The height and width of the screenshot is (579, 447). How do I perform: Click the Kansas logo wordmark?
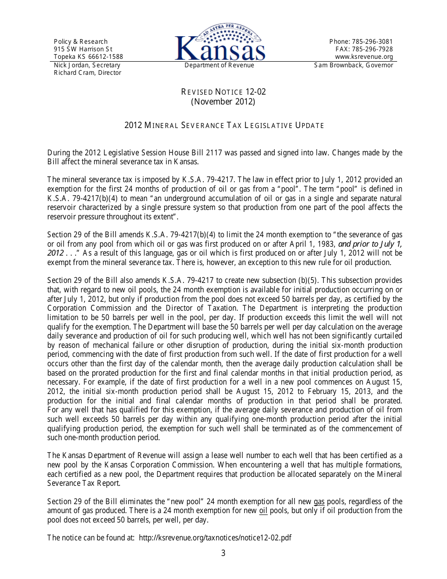pos(220,48)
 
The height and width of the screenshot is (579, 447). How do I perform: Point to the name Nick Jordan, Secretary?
pos(87,65)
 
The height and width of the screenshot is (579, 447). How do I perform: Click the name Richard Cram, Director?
pos(88,73)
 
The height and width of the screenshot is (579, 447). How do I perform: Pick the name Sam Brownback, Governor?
pos(353,65)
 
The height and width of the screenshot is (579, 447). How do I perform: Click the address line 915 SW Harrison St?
pos(83,49)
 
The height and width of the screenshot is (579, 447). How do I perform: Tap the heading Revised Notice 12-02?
pos(223,92)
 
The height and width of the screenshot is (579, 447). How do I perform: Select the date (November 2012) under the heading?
pos(223,101)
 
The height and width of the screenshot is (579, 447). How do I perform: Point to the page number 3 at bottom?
pos(223,553)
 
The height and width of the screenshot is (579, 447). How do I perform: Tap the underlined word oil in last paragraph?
pos(263,511)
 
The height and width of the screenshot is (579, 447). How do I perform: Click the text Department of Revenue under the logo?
pos(219,65)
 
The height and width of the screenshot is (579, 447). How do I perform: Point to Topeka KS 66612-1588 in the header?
pos(88,57)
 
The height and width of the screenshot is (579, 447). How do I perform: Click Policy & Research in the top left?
pos(80,41)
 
